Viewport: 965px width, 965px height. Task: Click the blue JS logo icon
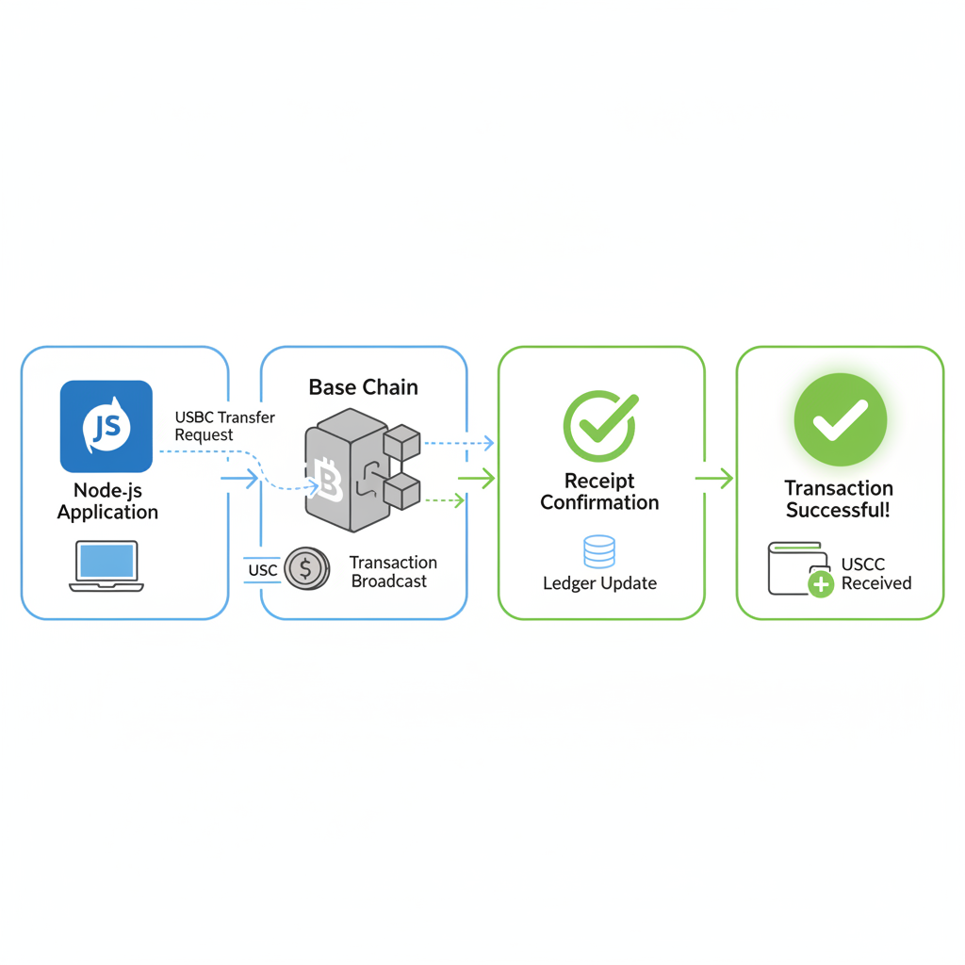point(106,426)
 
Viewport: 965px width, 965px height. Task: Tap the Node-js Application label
point(107,501)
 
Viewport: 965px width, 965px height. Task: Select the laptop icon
point(106,565)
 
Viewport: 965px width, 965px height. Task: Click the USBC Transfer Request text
point(224,426)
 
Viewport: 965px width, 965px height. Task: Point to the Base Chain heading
point(363,387)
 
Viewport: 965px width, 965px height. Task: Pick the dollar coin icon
point(306,569)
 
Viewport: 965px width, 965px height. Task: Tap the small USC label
point(263,570)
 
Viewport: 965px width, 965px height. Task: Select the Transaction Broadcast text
point(393,572)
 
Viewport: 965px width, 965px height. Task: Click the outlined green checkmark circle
point(599,426)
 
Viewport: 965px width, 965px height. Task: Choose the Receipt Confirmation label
point(599,492)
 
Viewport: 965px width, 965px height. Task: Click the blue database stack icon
point(599,551)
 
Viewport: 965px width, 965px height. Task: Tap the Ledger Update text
point(599,583)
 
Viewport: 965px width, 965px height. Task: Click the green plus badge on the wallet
point(821,585)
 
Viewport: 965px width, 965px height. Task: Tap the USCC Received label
point(875,574)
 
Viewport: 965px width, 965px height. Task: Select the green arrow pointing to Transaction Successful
point(714,479)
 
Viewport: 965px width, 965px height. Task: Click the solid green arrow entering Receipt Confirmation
point(477,479)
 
